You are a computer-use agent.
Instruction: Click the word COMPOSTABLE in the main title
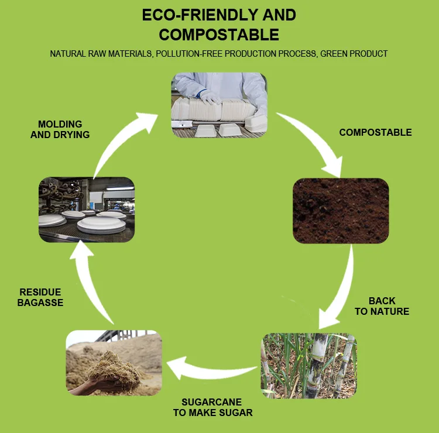(x=219, y=34)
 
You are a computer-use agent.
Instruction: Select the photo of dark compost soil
(x=341, y=211)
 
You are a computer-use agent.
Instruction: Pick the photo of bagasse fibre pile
(x=114, y=363)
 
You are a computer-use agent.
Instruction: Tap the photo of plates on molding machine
(x=87, y=209)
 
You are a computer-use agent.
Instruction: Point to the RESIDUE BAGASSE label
(x=40, y=297)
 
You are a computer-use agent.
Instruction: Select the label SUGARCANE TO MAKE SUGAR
(x=212, y=407)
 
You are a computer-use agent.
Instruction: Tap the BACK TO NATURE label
(x=382, y=306)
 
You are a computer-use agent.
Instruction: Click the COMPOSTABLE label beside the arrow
(x=375, y=132)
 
